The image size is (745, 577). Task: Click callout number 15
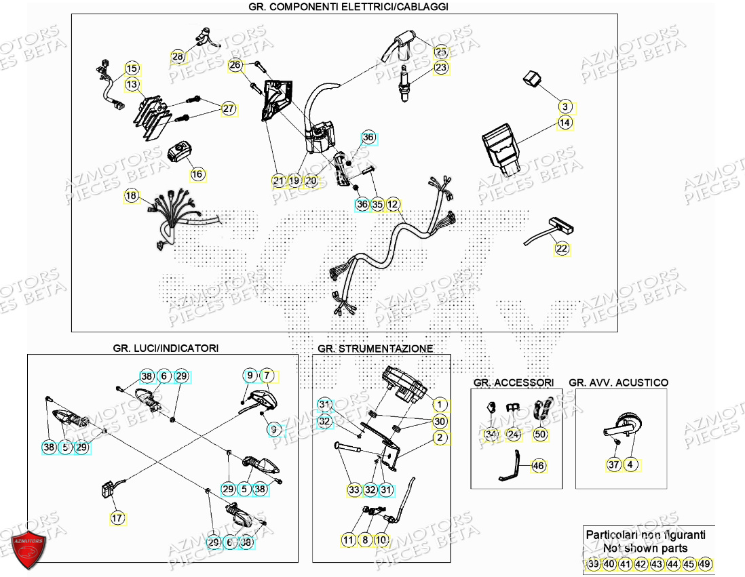[132, 68]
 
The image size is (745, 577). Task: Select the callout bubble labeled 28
[178, 57]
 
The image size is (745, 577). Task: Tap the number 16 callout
[197, 174]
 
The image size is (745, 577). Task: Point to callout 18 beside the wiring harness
[131, 197]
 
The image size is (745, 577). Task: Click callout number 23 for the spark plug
[441, 68]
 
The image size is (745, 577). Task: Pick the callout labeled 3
[566, 106]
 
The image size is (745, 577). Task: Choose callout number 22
[562, 249]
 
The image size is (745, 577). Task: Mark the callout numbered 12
[394, 204]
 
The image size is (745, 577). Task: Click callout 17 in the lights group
[117, 519]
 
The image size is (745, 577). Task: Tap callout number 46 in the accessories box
[538, 466]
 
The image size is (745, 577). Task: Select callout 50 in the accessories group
[540, 434]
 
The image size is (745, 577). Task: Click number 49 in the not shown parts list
[706, 564]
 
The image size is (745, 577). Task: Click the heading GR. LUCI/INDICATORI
[166, 348]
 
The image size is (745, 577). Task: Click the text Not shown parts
[645, 549]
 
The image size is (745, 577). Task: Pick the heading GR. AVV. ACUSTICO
[618, 382]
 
